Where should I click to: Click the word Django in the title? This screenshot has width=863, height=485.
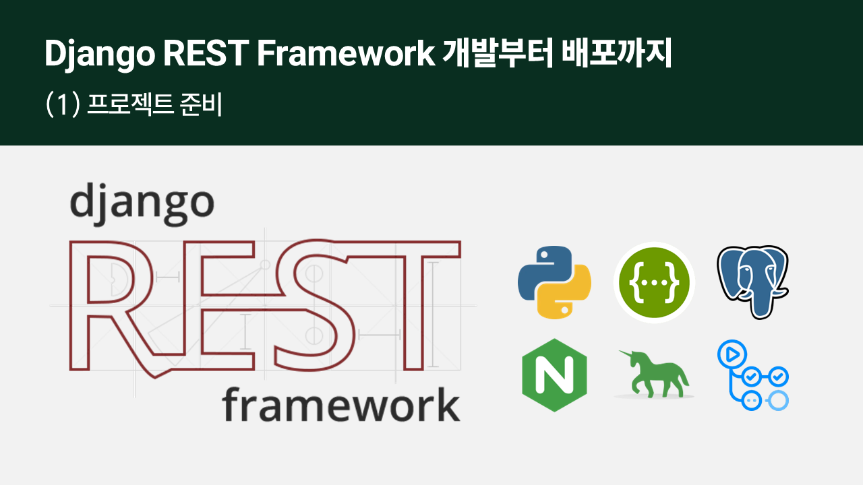pyautogui.click(x=100, y=54)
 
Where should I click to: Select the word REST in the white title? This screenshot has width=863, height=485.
pyautogui.click(x=206, y=53)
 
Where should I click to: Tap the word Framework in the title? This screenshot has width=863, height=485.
pyautogui.click(x=346, y=53)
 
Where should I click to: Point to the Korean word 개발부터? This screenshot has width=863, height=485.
pyautogui.click(x=498, y=53)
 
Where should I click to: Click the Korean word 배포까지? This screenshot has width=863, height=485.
pyautogui.click(x=616, y=53)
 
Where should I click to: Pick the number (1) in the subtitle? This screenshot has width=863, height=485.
pyautogui.click(x=63, y=104)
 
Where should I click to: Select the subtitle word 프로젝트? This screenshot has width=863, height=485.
pyautogui.click(x=130, y=104)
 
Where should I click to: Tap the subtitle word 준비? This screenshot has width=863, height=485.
pyautogui.click(x=201, y=104)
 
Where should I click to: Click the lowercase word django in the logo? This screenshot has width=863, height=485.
pyautogui.click(x=142, y=204)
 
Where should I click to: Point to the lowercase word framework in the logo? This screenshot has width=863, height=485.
pyautogui.click(x=341, y=404)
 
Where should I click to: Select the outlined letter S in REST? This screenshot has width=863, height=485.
pyautogui.click(x=314, y=305)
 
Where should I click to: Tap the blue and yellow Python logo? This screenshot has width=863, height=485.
pyautogui.click(x=554, y=282)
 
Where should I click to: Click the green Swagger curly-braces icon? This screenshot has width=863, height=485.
pyautogui.click(x=654, y=282)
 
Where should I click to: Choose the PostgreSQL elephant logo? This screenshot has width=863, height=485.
pyautogui.click(x=753, y=282)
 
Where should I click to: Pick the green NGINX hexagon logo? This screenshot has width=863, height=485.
pyautogui.click(x=554, y=375)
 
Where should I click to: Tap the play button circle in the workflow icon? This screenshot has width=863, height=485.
pyautogui.click(x=732, y=354)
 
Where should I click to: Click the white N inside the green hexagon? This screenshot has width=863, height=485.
pyautogui.click(x=554, y=375)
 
